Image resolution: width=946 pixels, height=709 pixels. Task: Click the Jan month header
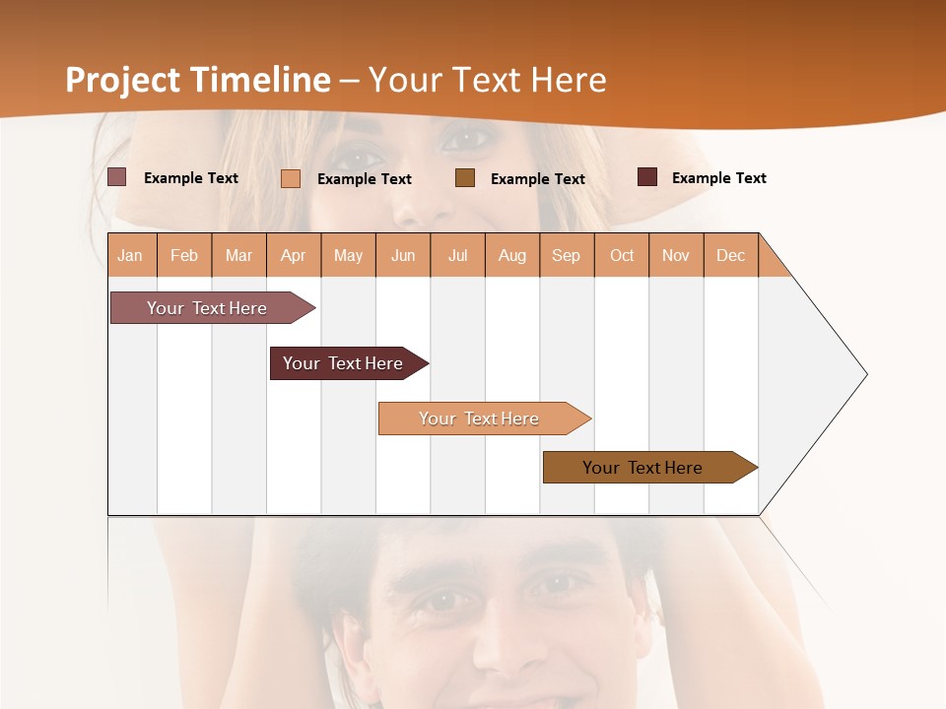(x=130, y=255)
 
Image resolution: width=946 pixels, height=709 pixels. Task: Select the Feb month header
(x=184, y=255)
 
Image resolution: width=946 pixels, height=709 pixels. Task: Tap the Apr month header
(x=293, y=255)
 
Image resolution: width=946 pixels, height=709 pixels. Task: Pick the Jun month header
(x=403, y=255)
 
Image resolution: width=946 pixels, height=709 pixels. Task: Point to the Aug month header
(x=511, y=255)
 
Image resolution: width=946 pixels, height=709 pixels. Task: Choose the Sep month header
(x=566, y=255)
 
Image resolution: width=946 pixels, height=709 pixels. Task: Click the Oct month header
(x=622, y=255)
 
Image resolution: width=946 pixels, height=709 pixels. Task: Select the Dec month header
(x=730, y=255)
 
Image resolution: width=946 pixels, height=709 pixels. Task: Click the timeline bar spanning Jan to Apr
(x=208, y=308)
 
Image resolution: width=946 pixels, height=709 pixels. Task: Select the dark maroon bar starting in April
(x=344, y=363)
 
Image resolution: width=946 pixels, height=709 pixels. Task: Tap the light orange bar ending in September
(x=480, y=419)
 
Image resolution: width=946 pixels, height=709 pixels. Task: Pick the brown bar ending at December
(x=643, y=468)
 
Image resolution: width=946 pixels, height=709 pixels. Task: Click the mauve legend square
(x=117, y=177)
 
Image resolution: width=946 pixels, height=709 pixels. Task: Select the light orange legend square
(x=291, y=178)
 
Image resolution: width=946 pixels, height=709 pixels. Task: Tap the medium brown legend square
(x=465, y=177)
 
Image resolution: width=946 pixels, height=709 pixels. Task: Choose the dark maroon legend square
(x=647, y=177)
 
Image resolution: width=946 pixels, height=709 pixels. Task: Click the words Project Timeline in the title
(x=197, y=80)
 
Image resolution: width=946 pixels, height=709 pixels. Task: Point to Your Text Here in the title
(x=488, y=80)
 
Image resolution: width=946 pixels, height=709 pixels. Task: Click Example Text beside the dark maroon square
(x=718, y=178)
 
